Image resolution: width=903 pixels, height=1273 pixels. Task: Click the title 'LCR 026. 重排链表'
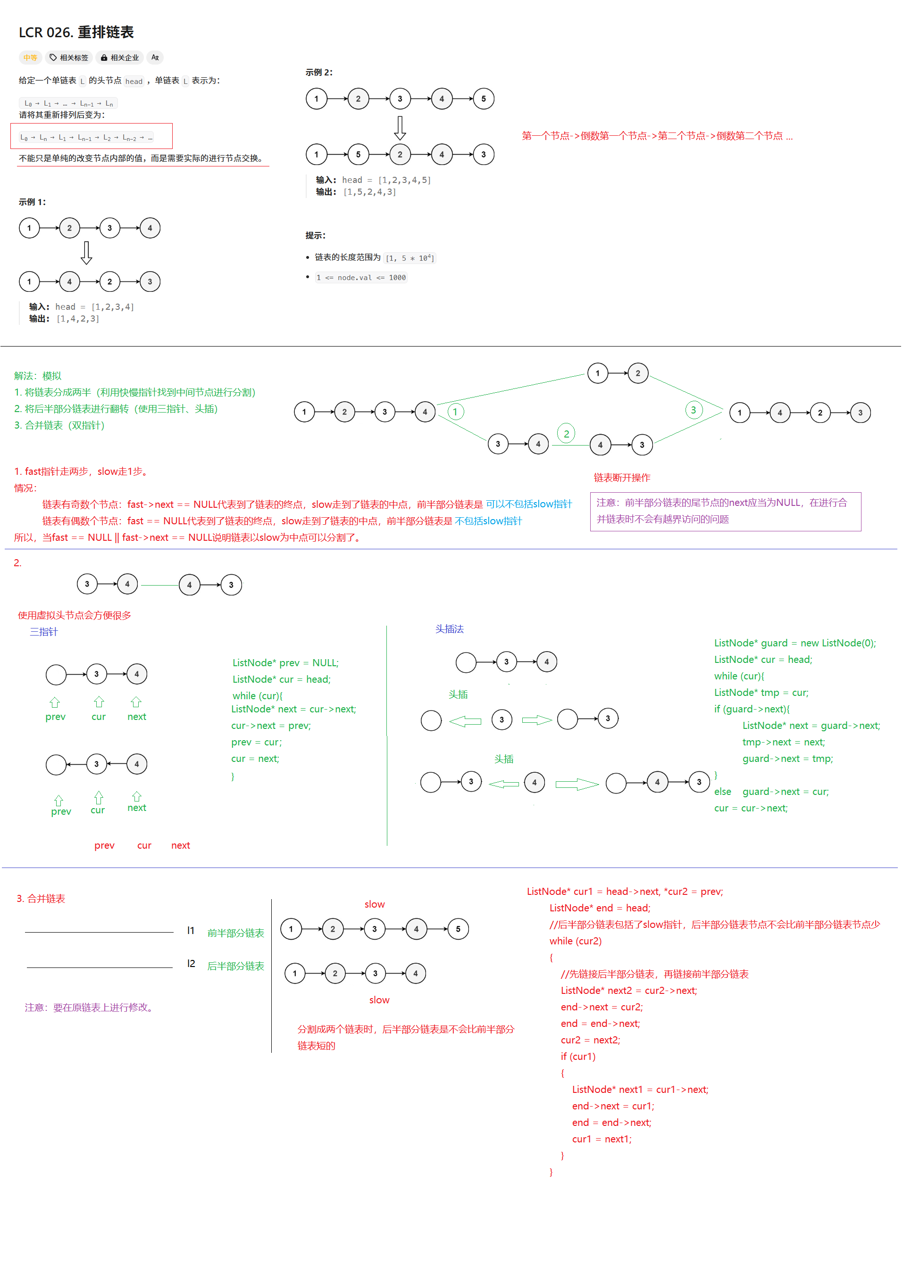click(76, 32)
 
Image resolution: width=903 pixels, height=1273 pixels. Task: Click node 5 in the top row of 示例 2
click(483, 99)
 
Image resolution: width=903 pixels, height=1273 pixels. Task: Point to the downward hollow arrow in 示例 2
click(399, 127)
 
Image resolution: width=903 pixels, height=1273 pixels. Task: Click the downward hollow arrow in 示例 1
click(86, 253)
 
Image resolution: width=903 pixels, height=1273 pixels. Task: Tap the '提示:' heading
click(315, 236)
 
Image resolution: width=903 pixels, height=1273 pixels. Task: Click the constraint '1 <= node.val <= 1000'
click(361, 277)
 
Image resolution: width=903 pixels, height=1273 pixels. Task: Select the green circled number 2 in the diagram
click(566, 434)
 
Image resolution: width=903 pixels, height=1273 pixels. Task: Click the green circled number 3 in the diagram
click(694, 410)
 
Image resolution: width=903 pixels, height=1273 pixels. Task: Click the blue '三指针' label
click(43, 632)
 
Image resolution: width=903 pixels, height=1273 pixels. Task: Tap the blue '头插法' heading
click(449, 629)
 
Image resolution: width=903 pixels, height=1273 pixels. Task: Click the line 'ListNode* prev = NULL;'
click(285, 663)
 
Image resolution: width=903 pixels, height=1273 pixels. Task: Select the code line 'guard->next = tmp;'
click(787, 759)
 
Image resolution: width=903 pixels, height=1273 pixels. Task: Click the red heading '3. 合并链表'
click(41, 899)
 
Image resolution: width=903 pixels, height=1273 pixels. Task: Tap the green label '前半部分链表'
click(236, 933)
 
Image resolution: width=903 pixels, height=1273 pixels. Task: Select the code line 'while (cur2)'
click(576, 941)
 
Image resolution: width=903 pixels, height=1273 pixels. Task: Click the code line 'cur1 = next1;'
click(602, 1139)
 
